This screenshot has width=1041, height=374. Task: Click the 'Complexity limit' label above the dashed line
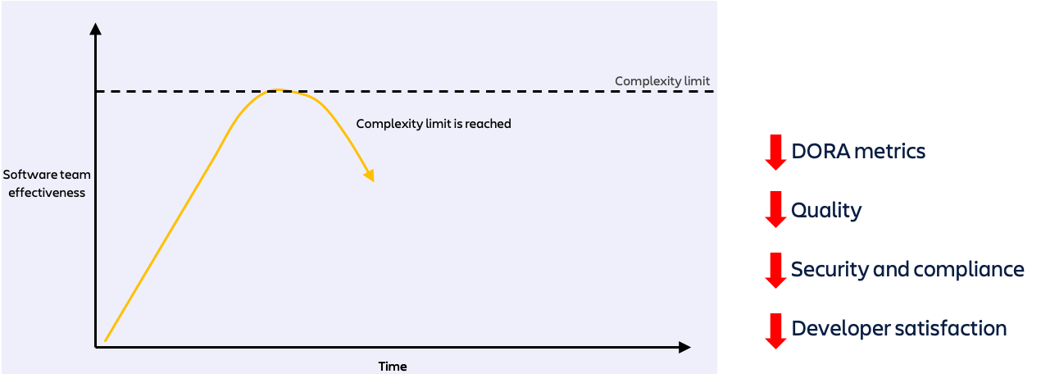(x=662, y=81)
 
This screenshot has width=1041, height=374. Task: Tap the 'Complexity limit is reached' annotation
(x=434, y=124)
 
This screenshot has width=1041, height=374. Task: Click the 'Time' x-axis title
(x=393, y=366)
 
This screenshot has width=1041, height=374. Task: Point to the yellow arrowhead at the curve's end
(x=370, y=176)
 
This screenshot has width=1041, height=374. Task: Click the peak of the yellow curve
(x=280, y=89)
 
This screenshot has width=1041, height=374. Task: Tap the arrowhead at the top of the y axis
(x=96, y=30)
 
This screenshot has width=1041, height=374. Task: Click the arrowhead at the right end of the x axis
(x=684, y=348)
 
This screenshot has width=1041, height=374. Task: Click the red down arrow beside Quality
(x=775, y=211)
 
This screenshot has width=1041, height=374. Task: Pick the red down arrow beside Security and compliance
(x=775, y=271)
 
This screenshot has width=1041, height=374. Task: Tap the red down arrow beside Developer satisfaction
(x=775, y=331)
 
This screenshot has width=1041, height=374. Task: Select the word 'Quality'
(x=826, y=211)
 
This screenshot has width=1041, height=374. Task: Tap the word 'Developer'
(x=840, y=329)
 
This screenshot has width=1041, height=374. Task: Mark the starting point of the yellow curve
(x=106, y=340)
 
